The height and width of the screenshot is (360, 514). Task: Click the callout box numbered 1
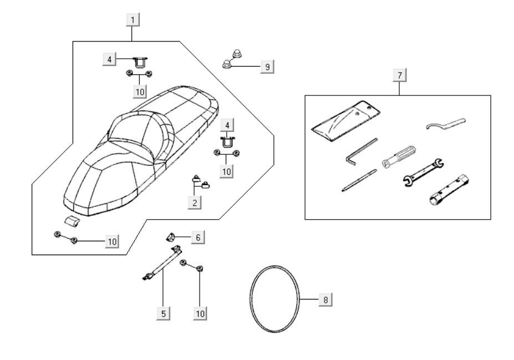132,21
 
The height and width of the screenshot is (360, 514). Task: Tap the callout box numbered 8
325,300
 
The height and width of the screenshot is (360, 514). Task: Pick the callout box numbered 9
267,67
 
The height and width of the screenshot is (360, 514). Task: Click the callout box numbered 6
197,237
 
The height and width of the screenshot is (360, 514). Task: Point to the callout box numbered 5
163,313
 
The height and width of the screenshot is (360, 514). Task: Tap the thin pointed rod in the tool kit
359,180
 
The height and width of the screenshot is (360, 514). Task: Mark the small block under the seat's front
71,221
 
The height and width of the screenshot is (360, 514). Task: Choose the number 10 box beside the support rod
200,313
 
